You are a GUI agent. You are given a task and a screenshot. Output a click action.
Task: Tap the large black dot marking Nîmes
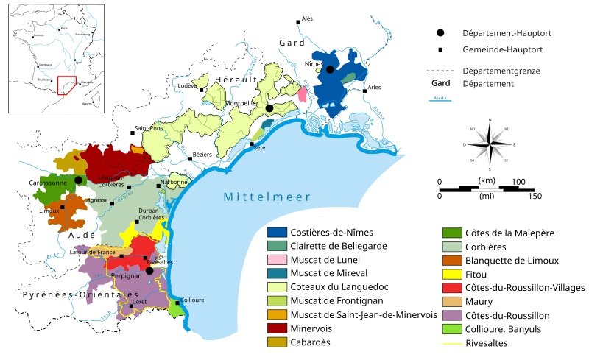click(331, 70)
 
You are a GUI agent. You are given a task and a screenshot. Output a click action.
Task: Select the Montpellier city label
click(240, 104)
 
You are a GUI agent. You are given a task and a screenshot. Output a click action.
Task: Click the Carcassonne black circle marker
click(78, 180)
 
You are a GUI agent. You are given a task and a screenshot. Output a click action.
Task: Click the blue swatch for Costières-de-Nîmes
click(277, 233)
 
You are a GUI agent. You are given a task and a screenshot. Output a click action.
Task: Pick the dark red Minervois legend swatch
click(277, 328)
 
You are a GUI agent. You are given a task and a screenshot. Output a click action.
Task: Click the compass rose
click(489, 144)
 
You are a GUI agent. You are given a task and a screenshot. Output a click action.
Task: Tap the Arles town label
click(375, 87)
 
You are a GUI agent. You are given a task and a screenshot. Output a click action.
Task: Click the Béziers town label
click(201, 155)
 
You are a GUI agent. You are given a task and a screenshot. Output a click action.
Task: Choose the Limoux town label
click(49, 211)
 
